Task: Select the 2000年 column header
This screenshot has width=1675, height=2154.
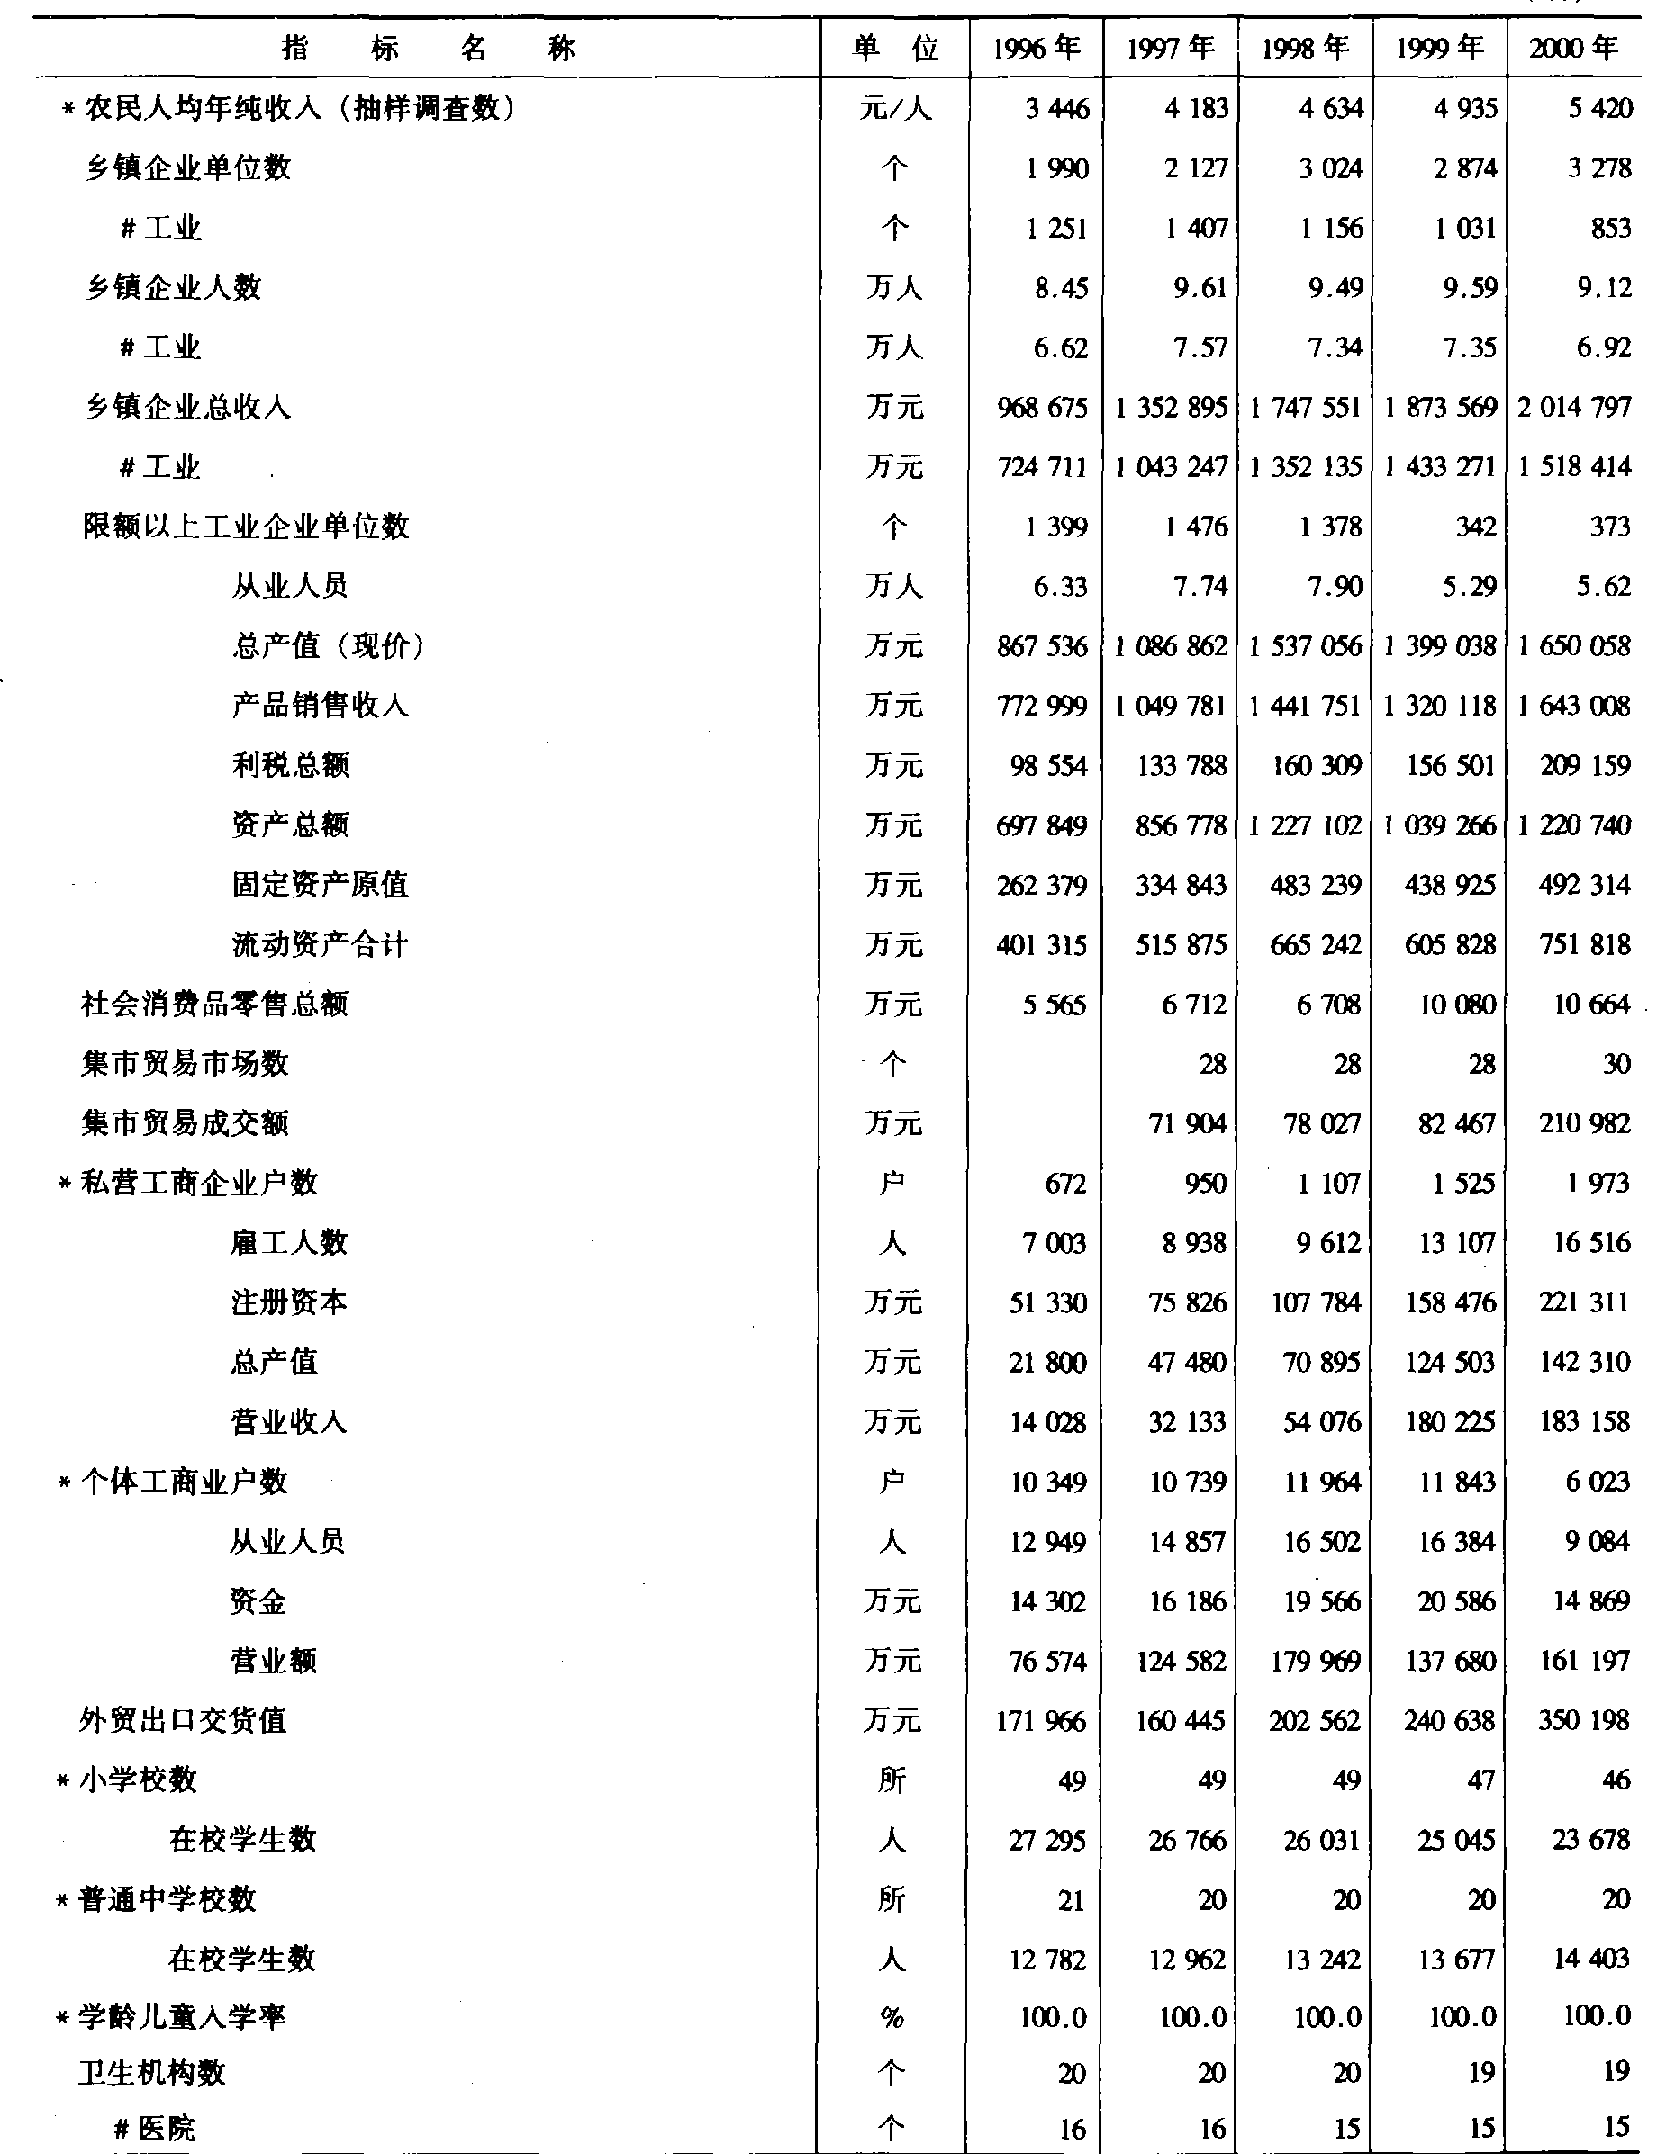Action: pos(1573,49)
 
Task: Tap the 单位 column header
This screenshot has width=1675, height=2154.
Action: pos(895,49)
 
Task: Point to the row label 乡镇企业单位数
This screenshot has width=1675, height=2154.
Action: pos(187,167)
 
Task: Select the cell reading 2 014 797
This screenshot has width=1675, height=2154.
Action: pos(1574,406)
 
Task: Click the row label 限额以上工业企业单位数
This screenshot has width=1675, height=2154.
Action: pos(246,527)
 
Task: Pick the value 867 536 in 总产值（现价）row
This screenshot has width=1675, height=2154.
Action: pos(1042,646)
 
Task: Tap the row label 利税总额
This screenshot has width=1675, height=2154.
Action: pos(291,765)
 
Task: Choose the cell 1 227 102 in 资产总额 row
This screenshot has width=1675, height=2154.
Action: pos(1305,825)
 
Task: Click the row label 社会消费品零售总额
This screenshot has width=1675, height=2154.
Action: pos(214,1004)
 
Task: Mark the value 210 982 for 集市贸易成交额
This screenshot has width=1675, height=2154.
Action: pos(1584,1123)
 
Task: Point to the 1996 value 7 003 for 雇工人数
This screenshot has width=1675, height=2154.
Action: pos(1054,1243)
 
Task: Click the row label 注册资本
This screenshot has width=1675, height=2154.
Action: pos(289,1302)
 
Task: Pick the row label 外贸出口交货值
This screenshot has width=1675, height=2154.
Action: pos(183,1721)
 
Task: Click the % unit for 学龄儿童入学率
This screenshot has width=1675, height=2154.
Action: pos(892,2018)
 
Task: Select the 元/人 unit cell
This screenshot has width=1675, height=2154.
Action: pos(895,107)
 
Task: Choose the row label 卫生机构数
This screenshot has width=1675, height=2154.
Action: pos(152,2072)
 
